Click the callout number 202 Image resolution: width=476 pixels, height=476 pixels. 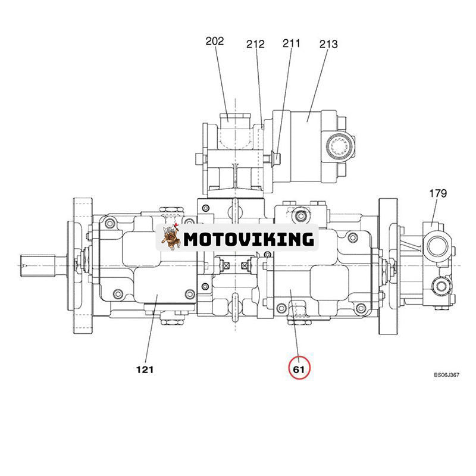pos(215,42)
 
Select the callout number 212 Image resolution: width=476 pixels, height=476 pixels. pos(255,44)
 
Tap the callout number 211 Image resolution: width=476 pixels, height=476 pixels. pos(292,43)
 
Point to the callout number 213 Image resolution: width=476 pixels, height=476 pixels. pos(328,44)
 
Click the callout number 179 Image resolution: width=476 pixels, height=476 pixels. pos(437,193)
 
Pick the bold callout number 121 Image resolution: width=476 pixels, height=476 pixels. pos(145,369)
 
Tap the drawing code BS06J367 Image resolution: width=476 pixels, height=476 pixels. pos(447,375)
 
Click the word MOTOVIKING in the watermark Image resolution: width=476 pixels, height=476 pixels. pos(248,239)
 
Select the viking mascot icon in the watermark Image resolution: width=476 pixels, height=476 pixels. pos(170,237)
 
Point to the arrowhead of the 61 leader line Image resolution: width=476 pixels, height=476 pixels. pos(291,291)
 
